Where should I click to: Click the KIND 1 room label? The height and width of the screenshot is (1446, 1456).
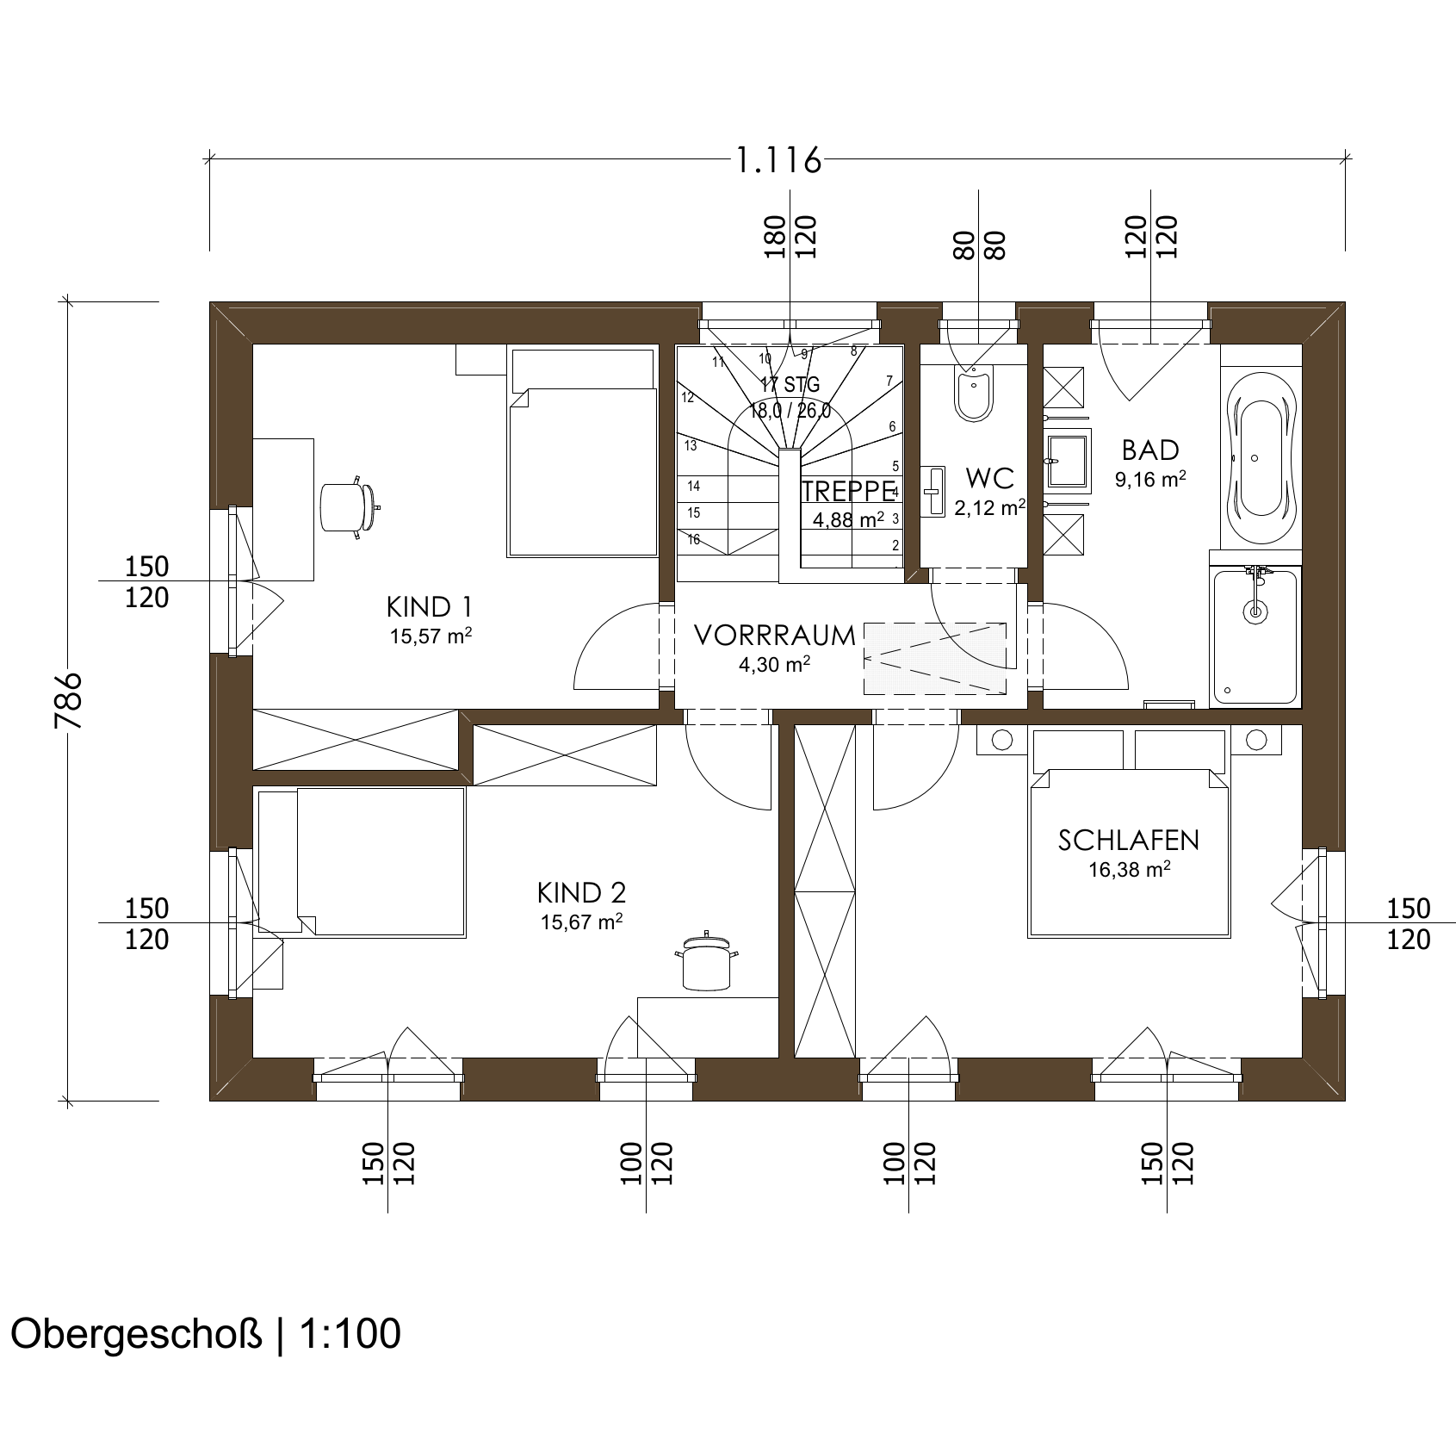tap(429, 607)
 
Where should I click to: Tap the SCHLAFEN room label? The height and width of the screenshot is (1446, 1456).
tap(1129, 840)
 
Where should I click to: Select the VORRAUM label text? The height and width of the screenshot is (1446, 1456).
tap(775, 636)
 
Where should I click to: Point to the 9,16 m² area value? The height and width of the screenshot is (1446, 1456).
tap(1151, 480)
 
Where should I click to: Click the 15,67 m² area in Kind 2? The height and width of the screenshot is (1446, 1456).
tap(582, 922)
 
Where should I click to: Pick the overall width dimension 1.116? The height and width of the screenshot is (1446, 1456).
tap(778, 161)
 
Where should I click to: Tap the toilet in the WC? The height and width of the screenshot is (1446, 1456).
tap(974, 393)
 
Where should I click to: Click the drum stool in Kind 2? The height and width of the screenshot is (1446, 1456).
tap(707, 963)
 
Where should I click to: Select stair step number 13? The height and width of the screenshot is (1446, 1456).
tap(691, 445)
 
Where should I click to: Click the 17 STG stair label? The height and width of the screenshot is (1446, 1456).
tap(790, 384)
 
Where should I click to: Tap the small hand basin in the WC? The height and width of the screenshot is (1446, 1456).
tap(932, 491)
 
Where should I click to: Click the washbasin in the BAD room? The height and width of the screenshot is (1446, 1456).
tap(1068, 450)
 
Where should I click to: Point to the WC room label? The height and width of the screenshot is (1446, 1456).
tap(989, 477)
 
